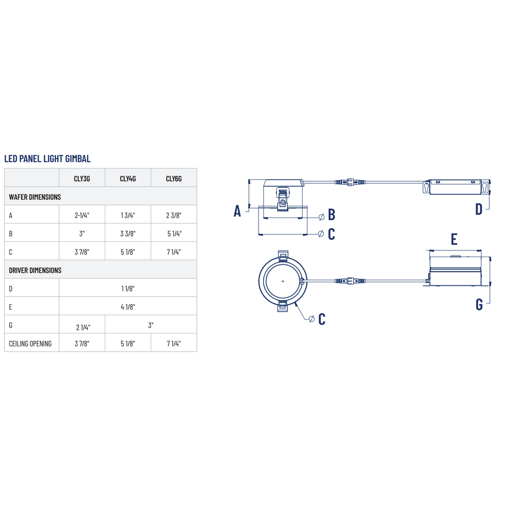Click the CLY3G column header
[82, 179]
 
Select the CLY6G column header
[174, 179]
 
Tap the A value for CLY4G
[128, 215]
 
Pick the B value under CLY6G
[174, 234]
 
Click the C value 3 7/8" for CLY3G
[82, 252]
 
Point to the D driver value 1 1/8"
[128, 288]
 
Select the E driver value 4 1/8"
[128, 307]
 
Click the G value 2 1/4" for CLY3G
[83, 327]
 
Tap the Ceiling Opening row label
[30, 344]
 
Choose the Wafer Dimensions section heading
[35, 197]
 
